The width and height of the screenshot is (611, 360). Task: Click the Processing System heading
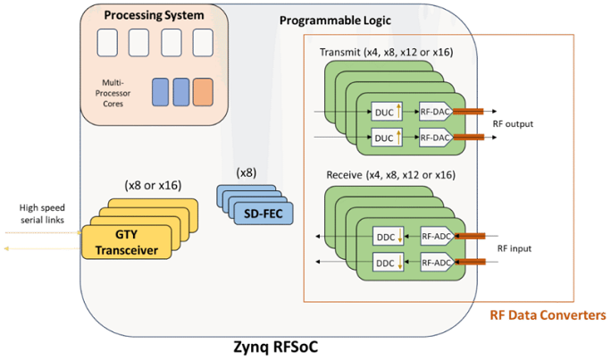pyautogui.click(x=153, y=15)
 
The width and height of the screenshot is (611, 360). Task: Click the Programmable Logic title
pyautogui.click(x=327, y=20)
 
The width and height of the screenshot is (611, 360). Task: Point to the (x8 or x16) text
pyautogui.click(x=155, y=186)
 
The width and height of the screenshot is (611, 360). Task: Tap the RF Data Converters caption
pyautogui.click(x=548, y=315)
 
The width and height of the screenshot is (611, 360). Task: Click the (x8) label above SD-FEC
pyautogui.click(x=246, y=171)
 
